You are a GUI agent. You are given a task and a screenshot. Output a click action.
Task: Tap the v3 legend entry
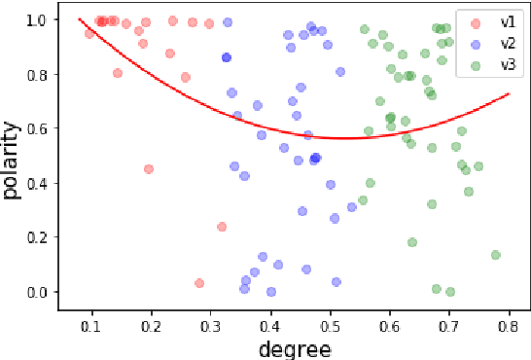pyautogui.click(x=492, y=65)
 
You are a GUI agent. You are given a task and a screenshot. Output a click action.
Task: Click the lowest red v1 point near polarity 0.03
pyautogui.click(x=199, y=283)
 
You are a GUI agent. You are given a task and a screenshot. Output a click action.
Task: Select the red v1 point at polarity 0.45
pyautogui.click(x=149, y=169)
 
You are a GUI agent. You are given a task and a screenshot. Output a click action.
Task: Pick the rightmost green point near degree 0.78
pyautogui.click(x=496, y=255)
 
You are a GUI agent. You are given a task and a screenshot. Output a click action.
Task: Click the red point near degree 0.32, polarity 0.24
pyautogui.click(x=222, y=227)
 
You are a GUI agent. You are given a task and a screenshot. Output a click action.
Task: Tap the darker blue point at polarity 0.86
pyautogui.click(x=227, y=57)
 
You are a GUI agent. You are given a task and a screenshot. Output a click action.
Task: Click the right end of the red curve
pyautogui.click(x=509, y=94)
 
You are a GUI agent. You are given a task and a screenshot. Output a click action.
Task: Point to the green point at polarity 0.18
pyautogui.click(x=412, y=242)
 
